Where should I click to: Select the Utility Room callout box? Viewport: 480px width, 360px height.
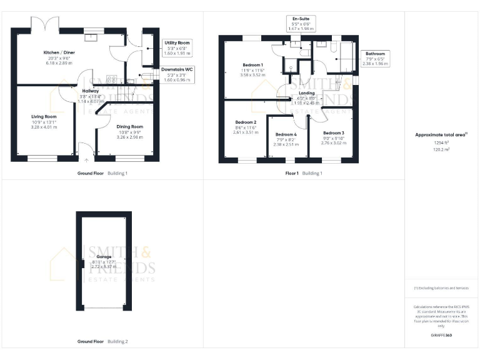click(x=177, y=48)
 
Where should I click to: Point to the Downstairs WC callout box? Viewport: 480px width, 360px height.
click(x=177, y=74)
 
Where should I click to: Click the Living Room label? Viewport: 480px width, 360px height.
click(x=44, y=116)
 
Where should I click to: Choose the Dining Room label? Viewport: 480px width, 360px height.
click(x=130, y=127)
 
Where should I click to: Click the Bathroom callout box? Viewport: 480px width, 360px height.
click(x=375, y=59)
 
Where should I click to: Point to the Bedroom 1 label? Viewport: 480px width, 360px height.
click(x=253, y=65)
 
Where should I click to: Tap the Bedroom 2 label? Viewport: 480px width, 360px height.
click(x=245, y=122)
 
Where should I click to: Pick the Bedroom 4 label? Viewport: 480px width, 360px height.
click(x=286, y=134)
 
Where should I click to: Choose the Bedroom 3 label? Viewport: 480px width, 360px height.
click(x=334, y=133)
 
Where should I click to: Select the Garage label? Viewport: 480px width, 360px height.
click(x=104, y=257)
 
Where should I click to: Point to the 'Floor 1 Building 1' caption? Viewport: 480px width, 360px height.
click(x=304, y=172)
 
